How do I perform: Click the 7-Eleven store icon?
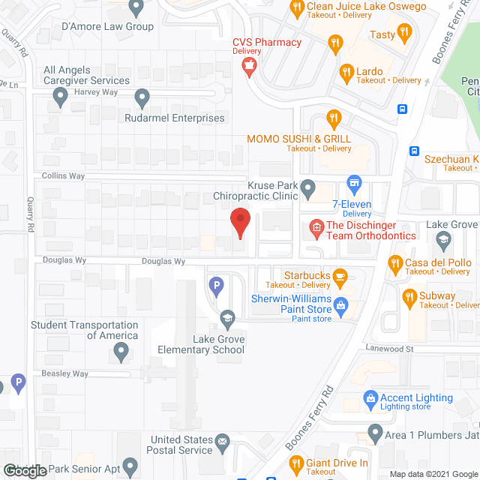354,183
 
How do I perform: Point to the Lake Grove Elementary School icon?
225,319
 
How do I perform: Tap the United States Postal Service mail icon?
223,443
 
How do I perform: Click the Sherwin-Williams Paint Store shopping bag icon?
341,304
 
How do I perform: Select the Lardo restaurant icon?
346,73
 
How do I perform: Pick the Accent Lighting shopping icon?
370,401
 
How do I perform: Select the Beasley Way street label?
65,373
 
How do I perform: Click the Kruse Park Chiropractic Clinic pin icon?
307,187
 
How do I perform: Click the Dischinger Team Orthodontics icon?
316,226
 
